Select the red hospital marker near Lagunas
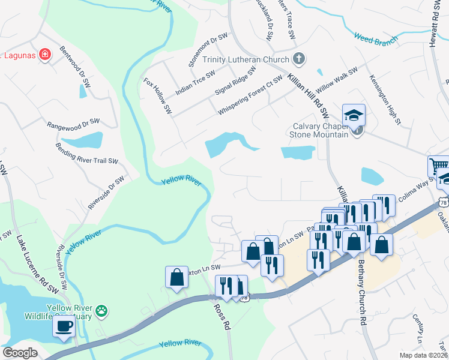click(x=44, y=55)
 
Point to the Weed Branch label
click(x=376, y=39)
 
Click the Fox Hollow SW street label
click(x=158, y=96)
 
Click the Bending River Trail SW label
click(x=86, y=153)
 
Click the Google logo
click(x=20, y=353)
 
